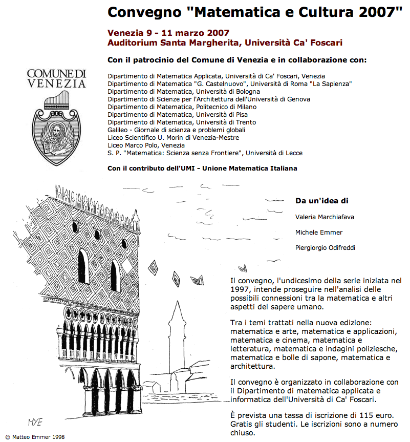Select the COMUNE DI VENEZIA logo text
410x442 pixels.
click(56, 78)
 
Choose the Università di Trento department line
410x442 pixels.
click(182, 122)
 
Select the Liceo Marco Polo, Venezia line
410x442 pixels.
click(146, 145)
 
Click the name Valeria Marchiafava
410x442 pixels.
click(325, 217)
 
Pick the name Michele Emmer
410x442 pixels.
click(319, 233)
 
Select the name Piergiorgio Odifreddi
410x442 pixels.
click(325, 248)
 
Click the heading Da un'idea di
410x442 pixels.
click(322, 201)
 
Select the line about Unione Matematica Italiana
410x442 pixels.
click(202, 168)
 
